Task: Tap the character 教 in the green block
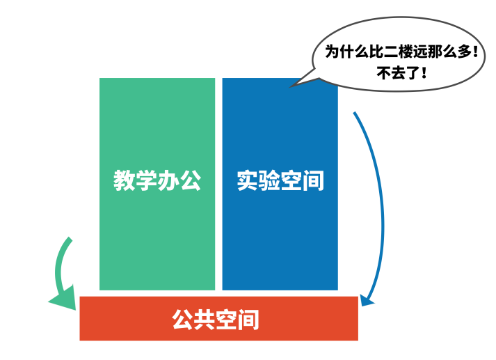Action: click(124, 181)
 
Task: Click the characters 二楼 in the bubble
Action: click(391, 51)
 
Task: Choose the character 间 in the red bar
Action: click(248, 319)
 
